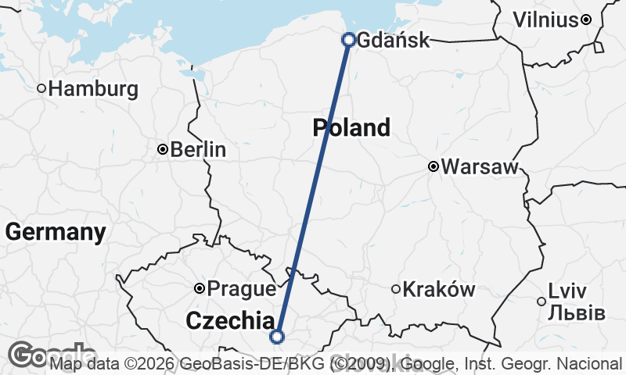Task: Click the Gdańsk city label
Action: [394, 40]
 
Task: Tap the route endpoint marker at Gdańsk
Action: [349, 40]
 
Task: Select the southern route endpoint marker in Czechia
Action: [276, 337]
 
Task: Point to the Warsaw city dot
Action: [433, 166]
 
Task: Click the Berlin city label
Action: [198, 149]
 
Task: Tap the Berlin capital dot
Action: [162, 149]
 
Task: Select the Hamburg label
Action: [93, 88]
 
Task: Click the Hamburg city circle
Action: [41, 88]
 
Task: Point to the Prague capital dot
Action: [200, 288]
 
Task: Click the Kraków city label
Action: [439, 290]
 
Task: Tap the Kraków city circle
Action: [396, 289]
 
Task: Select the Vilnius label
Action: [545, 20]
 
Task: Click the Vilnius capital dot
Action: [585, 20]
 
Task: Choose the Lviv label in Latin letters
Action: [567, 291]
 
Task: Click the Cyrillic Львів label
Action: [577, 312]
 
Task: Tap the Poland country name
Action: [351, 127]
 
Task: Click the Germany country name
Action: [56, 232]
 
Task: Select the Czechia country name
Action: [230, 320]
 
